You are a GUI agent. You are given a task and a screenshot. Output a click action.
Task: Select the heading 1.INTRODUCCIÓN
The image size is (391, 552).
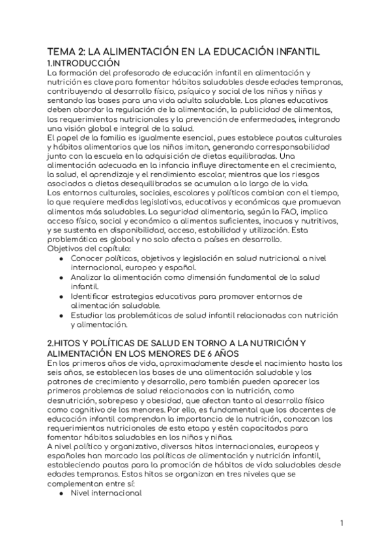click(x=84, y=62)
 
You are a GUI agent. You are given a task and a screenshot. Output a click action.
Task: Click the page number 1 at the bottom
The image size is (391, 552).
click(x=341, y=522)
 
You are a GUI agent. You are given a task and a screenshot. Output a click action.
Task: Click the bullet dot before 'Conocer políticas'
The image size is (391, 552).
click(x=61, y=258)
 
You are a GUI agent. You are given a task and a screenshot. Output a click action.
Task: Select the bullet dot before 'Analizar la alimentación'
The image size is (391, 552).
click(x=61, y=277)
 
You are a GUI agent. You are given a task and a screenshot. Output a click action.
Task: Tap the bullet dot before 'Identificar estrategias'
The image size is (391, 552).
click(x=61, y=296)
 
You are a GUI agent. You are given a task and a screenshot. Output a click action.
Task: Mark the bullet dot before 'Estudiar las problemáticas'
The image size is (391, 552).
click(x=61, y=315)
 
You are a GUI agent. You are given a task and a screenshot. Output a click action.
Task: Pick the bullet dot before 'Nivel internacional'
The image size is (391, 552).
click(x=61, y=493)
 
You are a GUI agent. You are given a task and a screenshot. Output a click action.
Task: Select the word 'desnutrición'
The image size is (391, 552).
click(x=76, y=400)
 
